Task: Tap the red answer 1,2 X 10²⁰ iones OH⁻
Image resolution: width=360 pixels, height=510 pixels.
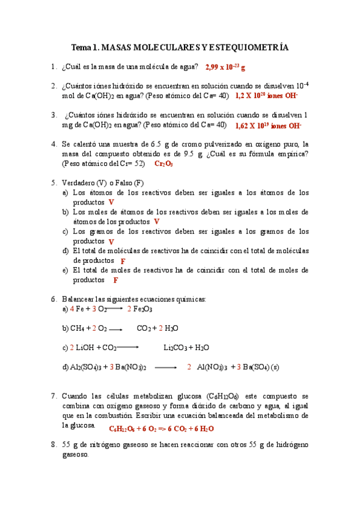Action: pos(266,96)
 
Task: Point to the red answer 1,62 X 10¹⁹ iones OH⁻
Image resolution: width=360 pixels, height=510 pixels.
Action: pos(267,126)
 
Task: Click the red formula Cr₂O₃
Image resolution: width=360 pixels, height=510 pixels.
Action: pos(164,164)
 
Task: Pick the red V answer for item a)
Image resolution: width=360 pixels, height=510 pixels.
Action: pos(111,203)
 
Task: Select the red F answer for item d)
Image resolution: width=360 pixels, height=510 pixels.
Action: pos(123,261)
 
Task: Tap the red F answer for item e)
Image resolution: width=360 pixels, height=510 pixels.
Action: pos(115,280)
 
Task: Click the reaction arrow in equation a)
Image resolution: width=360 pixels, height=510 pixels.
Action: pos(114,309)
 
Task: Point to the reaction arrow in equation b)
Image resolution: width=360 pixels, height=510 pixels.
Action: pos(116,330)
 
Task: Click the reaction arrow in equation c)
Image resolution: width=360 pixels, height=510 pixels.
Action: pos(127,348)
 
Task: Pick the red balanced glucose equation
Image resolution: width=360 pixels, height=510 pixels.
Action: pos(161,429)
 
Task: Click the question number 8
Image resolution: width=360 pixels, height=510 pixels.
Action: pos(53,444)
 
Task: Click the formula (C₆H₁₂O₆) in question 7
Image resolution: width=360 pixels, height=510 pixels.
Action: pos(223,396)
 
